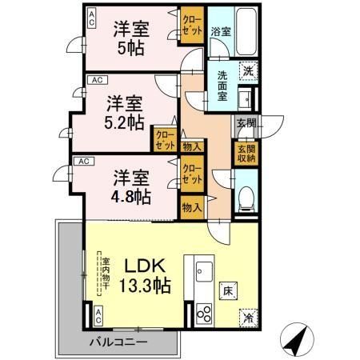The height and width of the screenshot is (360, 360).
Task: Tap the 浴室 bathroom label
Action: click(220, 32)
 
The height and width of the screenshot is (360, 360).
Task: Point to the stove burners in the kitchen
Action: click(202, 314)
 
